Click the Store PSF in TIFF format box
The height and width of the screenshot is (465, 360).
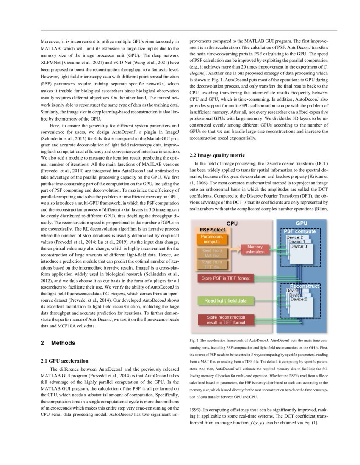click(x=225, y=278)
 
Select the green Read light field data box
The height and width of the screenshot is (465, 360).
click(x=225, y=300)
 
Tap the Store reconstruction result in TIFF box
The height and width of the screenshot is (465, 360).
click(x=225, y=320)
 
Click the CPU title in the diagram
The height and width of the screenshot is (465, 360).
click(x=232, y=223)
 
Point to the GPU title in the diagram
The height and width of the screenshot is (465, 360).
click(x=301, y=223)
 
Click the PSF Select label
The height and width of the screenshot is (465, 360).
click(x=212, y=230)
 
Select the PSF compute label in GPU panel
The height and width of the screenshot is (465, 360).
click(x=299, y=231)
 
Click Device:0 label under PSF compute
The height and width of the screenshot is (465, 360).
click(x=300, y=246)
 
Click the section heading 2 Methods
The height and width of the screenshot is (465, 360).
click(x=58, y=343)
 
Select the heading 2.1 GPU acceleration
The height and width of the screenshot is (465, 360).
click(x=64, y=361)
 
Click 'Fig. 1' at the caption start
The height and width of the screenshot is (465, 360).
click(x=194, y=340)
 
